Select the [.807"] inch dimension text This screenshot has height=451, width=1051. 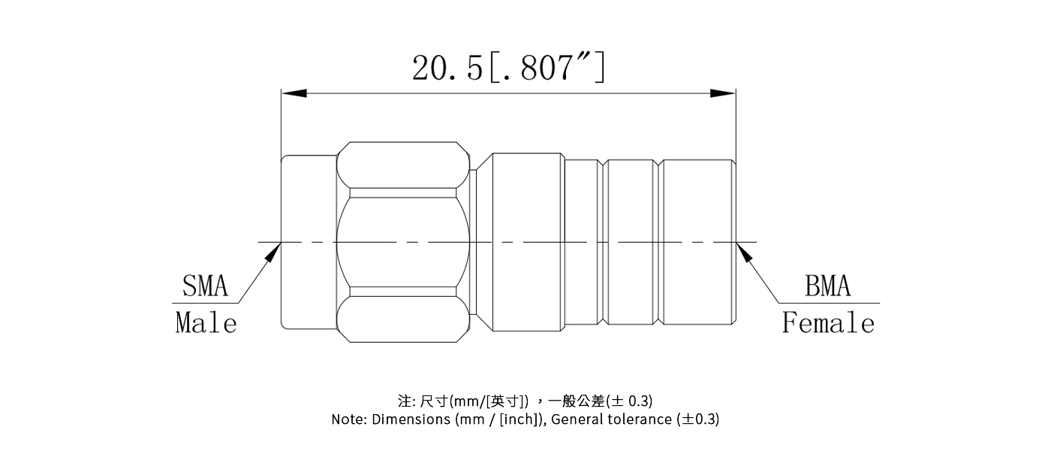tap(547, 68)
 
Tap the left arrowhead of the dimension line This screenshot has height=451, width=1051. tap(294, 93)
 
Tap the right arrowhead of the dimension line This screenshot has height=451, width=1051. tap(723, 93)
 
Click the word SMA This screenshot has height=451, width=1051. tap(205, 286)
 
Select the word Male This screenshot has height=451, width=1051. tap(206, 323)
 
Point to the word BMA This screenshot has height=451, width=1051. tap(828, 286)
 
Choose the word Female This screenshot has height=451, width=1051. tap(828, 323)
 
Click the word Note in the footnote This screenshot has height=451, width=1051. tap(348, 419)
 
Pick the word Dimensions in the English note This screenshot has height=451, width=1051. tap(411, 419)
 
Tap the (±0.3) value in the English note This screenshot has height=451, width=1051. tap(697, 419)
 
